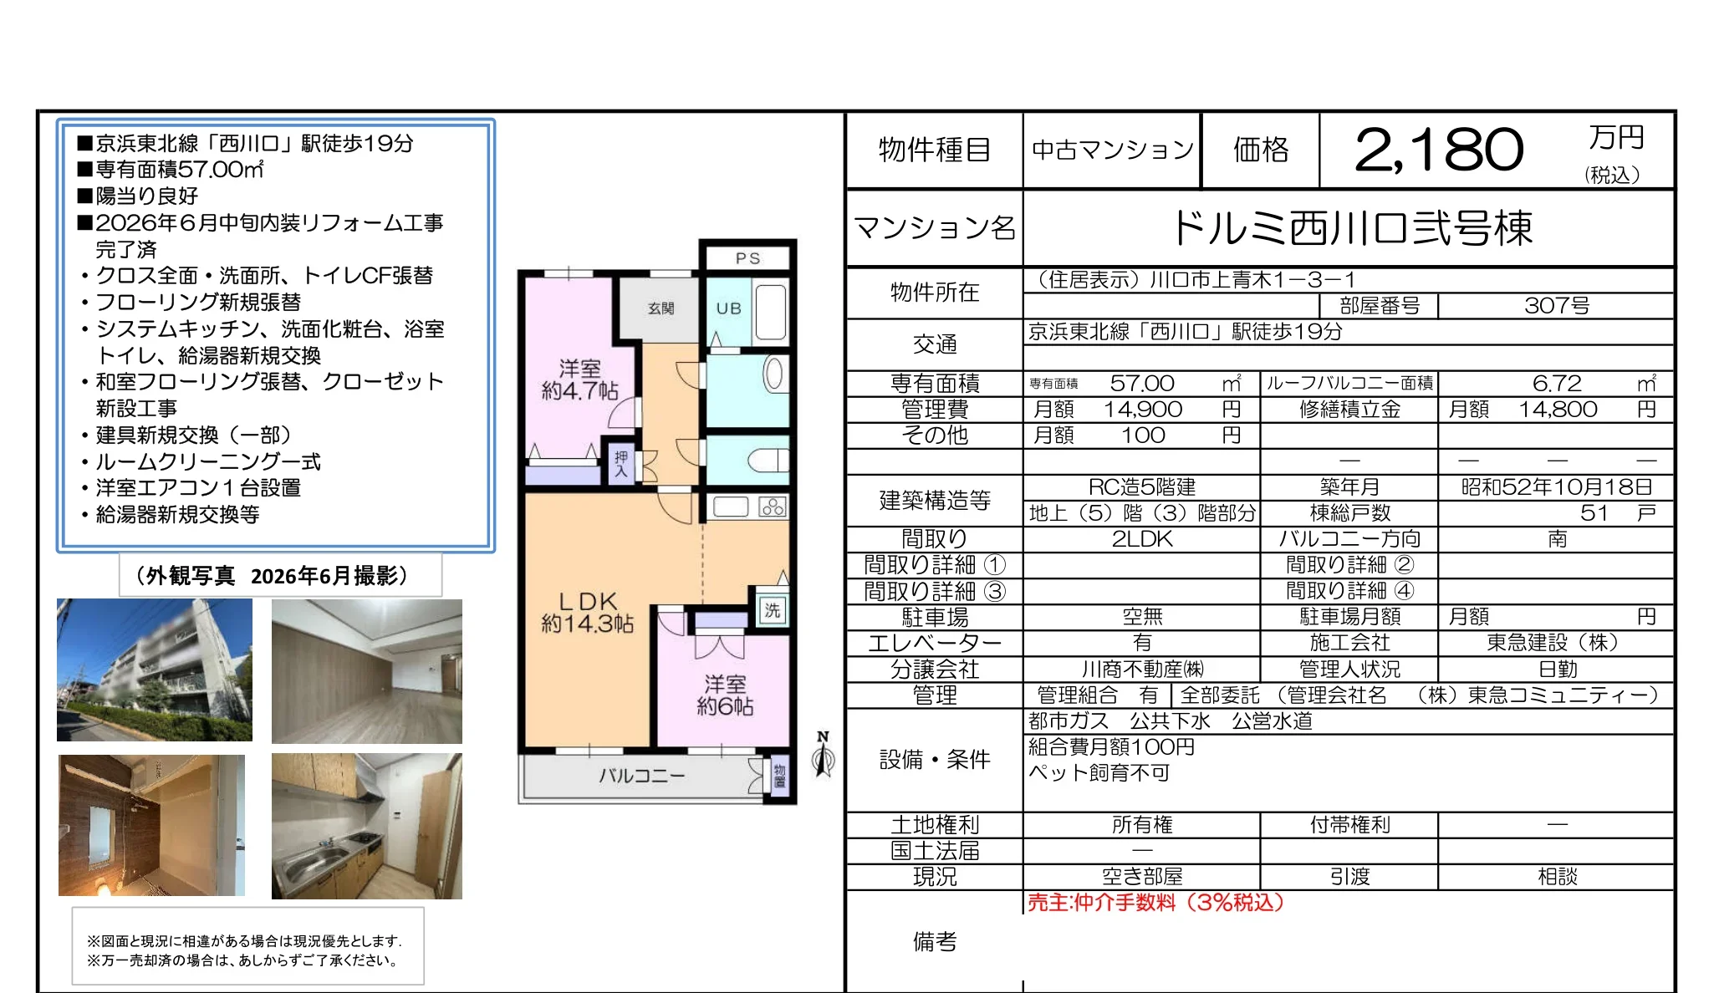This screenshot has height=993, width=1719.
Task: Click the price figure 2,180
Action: point(1439,150)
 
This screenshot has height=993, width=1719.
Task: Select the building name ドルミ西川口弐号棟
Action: point(1353,228)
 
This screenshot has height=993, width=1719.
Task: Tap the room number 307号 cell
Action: point(1557,306)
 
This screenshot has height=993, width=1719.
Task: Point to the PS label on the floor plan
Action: point(748,258)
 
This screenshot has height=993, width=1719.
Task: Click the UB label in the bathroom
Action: point(729,308)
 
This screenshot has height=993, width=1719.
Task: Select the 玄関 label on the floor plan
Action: point(661,308)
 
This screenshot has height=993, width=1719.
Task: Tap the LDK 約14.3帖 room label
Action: point(588,613)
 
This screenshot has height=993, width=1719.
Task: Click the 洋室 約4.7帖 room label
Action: point(579,380)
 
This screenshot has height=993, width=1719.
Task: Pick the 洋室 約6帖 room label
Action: point(725,695)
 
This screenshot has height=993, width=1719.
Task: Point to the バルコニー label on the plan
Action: point(641,776)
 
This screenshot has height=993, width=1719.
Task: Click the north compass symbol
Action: point(824,754)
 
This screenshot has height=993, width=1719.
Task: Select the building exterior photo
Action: point(155,670)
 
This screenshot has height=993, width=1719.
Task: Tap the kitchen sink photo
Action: point(367,826)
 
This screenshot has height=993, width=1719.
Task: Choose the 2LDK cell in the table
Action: point(1142,539)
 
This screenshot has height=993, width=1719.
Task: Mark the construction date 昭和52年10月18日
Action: point(1557,487)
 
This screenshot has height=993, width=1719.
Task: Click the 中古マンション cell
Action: point(1113,150)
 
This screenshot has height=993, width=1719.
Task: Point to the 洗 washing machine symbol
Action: point(772,610)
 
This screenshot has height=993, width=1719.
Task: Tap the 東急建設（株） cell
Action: point(1557,643)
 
